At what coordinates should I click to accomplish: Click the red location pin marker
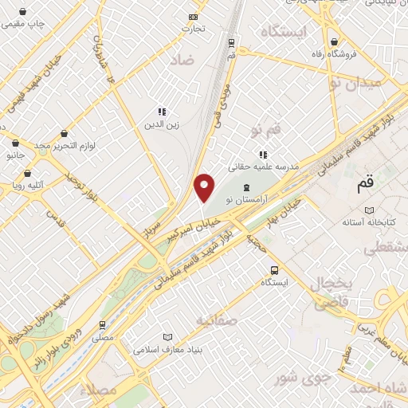click(205, 188)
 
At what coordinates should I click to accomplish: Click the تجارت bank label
click(193, 29)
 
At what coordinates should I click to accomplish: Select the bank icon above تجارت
click(193, 17)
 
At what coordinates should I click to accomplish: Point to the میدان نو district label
click(358, 82)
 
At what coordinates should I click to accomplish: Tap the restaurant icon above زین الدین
click(161, 112)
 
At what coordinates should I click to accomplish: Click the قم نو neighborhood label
click(266, 128)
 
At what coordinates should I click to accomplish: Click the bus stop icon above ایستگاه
click(274, 270)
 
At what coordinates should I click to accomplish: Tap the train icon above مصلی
click(102, 325)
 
